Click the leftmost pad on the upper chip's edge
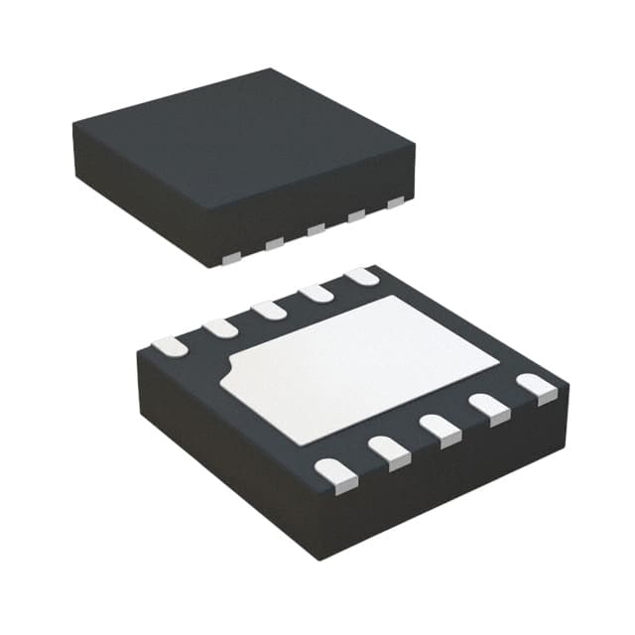230,259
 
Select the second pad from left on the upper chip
276,243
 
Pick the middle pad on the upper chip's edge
317,229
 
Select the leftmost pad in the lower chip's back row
167,344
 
